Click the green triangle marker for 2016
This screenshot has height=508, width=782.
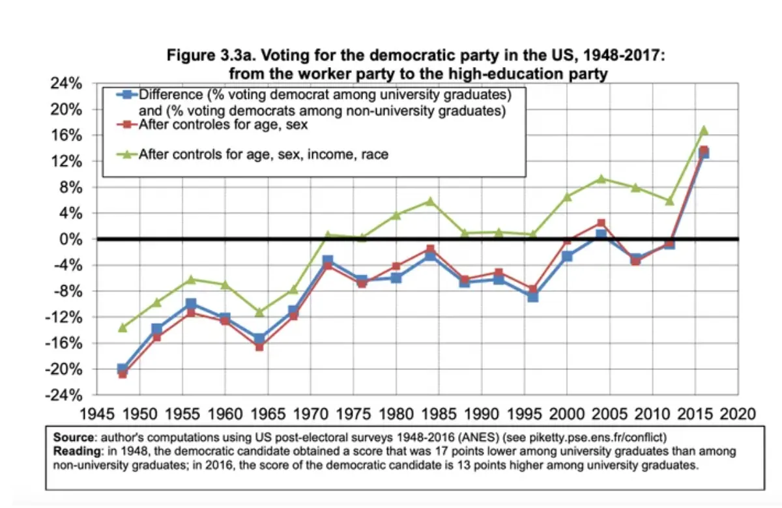pos(703,130)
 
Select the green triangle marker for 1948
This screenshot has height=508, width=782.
pos(122,327)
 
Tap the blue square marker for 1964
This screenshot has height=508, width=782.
pos(259,339)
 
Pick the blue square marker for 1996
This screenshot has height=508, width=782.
pos(532,296)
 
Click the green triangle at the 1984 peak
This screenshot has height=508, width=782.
pos(429,201)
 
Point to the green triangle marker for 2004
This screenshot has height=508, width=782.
pos(601,178)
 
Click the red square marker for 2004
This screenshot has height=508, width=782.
pos(601,223)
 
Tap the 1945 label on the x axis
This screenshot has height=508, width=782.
pos(96,414)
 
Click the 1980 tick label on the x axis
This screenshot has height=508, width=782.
pos(396,414)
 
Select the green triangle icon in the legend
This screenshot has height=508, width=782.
pos(125,154)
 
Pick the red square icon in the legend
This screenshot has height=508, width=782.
pos(125,124)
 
